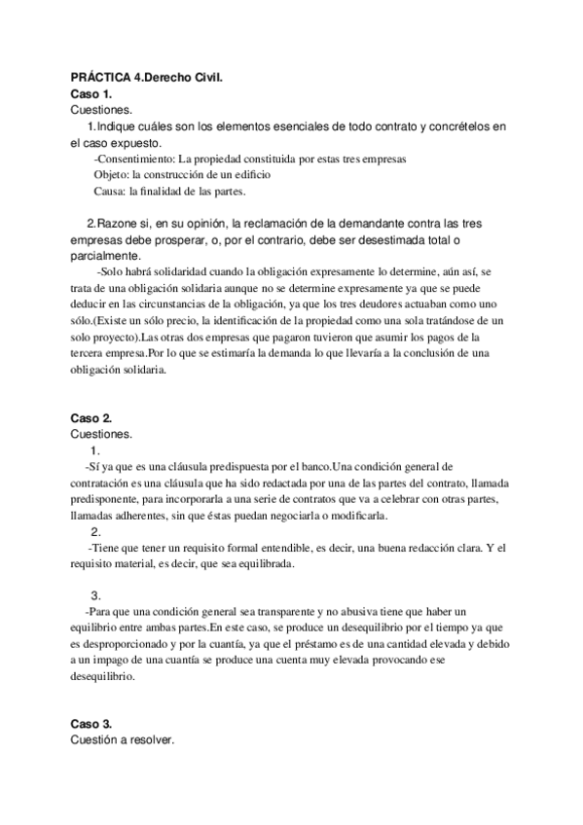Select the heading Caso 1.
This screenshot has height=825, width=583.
tap(92, 93)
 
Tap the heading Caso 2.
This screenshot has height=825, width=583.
tap(92, 417)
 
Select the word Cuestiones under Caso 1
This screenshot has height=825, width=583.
tap(103, 110)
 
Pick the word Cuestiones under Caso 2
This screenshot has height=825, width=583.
tap(103, 434)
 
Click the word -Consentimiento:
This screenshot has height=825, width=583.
tap(133, 159)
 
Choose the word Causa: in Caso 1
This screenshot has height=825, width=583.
tap(111, 191)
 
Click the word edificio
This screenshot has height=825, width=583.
tap(246, 174)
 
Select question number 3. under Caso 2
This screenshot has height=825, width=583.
tap(95, 594)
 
